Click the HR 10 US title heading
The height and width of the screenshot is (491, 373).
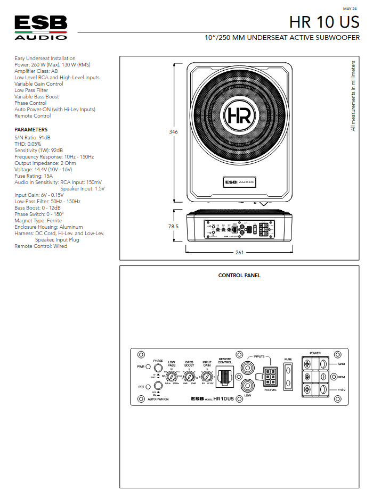325,22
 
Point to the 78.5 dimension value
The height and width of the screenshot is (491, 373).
173,226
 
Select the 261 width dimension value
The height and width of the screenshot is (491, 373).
239,252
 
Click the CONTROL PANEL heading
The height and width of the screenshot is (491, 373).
239,276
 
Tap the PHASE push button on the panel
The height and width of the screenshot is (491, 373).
158,367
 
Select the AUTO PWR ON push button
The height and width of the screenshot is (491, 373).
158,387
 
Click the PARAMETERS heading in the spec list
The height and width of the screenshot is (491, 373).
31,130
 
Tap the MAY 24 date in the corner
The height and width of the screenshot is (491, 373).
350,9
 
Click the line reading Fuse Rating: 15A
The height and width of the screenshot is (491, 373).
34,176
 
